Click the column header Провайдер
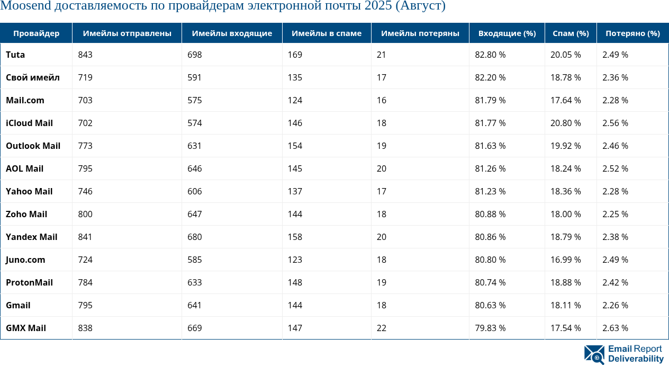pos(36,33)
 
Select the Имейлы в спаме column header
pos(327,33)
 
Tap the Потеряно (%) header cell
pos(632,33)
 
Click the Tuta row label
pos(15,55)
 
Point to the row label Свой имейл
pos(33,77)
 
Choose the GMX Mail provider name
pos(26,328)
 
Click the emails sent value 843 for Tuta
pos(85,55)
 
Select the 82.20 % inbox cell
pos(490,77)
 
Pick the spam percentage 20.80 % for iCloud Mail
pos(565,123)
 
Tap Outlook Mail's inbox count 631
pos(195,146)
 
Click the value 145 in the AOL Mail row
pos(295,168)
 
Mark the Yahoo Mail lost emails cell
pos(382,191)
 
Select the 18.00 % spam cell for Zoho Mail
pos(565,214)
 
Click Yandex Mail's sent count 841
pos(85,237)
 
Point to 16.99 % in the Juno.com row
pos(565,260)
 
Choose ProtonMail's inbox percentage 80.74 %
pos(490,282)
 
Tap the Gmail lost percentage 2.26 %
pos(615,305)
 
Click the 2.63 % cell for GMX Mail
pos(615,328)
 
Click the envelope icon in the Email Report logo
pos(594,354)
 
